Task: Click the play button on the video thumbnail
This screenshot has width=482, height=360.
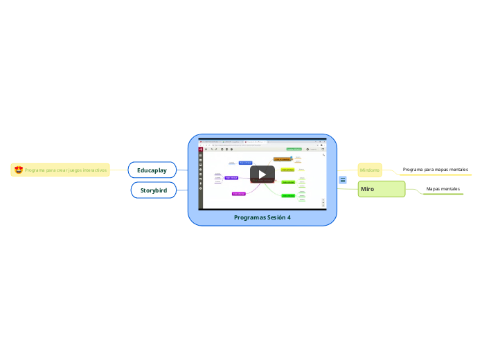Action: click(x=262, y=174)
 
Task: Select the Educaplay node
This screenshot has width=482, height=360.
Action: click(x=152, y=170)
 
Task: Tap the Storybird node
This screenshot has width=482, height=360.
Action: click(x=153, y=190)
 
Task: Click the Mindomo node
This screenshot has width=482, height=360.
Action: click(x=369, y=170)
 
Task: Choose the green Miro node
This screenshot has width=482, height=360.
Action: click(x=381, y=189)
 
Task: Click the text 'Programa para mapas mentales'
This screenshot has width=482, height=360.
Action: click(x=435, y=169)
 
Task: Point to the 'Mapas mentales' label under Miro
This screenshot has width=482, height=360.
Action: click(x=443, y=188)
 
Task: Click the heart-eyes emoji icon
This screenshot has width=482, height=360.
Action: click(x=19, y=170)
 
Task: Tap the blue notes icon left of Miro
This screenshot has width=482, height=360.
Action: click(x=343, y=180)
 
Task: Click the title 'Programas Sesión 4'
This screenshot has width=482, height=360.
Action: click(x=262, y=217)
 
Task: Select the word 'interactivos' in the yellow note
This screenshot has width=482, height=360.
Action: click(x=91, y=170)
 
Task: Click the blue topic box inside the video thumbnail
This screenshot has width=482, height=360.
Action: click(x=245, y=163)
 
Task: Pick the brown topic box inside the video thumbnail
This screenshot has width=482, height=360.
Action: click(x=283, y=159)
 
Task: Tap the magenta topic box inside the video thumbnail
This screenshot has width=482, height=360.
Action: click(x=238, y=194)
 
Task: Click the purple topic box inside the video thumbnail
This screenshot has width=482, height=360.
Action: click(x=231, y=177)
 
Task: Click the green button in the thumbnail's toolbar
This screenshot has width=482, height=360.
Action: click(x=294, y=148)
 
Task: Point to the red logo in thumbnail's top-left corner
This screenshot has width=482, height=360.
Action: click(x=201, y=148)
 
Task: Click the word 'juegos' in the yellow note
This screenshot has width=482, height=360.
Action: click(x=66, y=170)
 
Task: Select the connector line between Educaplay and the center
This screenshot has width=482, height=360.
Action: click(x=182, y=170)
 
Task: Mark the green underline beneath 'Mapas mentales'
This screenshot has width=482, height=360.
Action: click(x=443, y=194)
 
